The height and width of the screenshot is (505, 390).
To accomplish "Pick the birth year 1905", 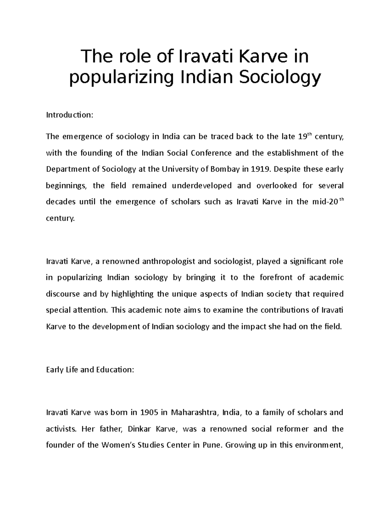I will click(149, 412).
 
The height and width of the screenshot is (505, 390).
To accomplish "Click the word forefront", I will click(276, 277).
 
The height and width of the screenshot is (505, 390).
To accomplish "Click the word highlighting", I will click(132, 294).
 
